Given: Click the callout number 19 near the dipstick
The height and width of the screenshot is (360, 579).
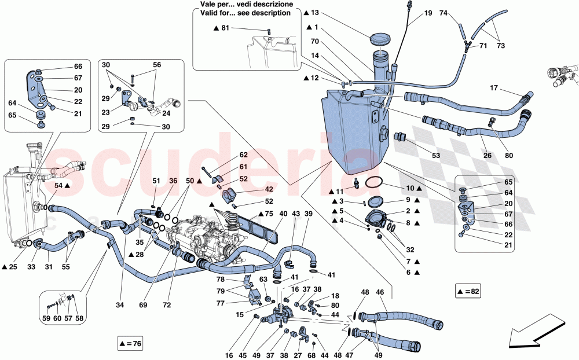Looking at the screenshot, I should tap(428, 13).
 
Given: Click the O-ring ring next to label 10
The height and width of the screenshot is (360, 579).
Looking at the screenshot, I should tap(375, 182).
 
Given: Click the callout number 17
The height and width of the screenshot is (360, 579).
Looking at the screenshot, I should tap(494, 89).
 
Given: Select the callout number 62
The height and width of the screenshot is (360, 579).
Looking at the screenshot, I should tap(243, 155).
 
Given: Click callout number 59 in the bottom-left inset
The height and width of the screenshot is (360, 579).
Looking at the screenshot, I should tap(46, 318).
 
